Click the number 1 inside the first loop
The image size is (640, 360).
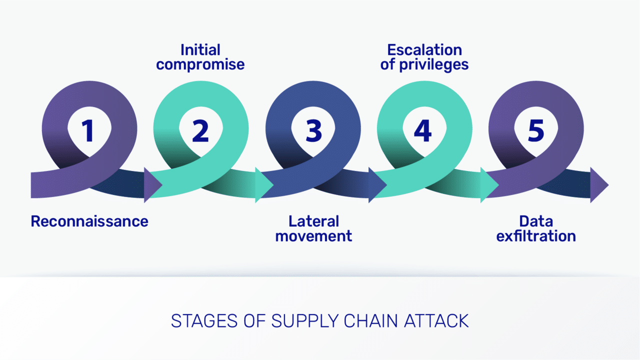click(88, 130)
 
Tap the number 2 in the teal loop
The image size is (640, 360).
click(200, 130)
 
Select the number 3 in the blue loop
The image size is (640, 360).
click(313, 130)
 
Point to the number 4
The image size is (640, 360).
click(423, 130)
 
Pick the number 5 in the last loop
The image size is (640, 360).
click(536, 130)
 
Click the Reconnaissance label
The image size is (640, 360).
click(89, 221)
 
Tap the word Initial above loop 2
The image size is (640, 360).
click(200, 50)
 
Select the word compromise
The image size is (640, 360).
click(200, 64)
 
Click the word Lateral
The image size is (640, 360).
click(313, 221)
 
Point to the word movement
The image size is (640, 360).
click(313, 236)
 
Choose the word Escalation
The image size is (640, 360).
click(424, 50)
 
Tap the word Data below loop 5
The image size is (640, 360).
click(535, 221)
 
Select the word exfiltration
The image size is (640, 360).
click(535, 236)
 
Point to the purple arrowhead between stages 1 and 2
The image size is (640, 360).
click(152, 185)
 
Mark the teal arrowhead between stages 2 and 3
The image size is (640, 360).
click(263, 185)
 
